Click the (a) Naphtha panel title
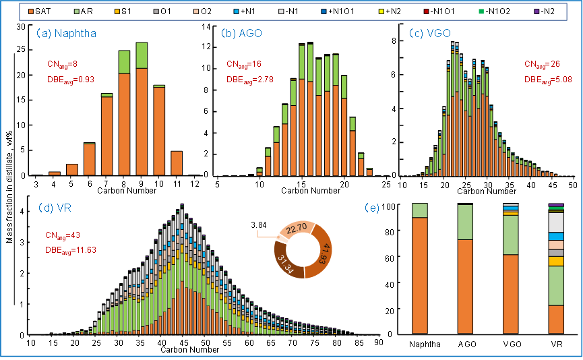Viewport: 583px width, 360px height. pos(61,33)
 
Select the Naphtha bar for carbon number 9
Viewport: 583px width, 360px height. pos(142,109)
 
